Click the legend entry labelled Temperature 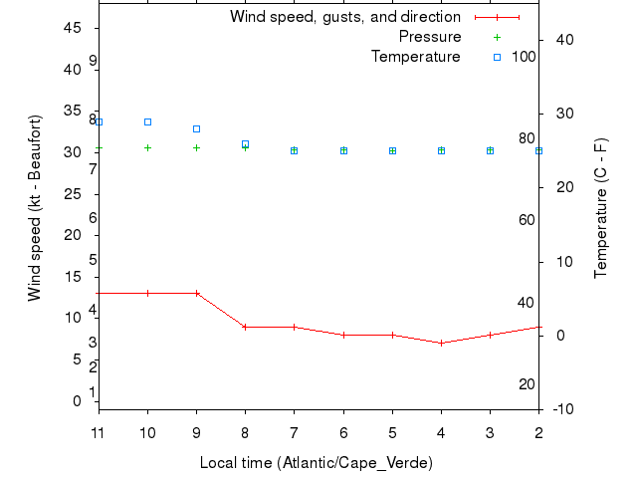[x=415, y=57]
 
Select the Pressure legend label [x=430, y=37]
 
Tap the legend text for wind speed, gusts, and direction [x=344, y=17]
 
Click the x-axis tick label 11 [x=98, y=432]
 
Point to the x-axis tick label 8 [x=245, y=432]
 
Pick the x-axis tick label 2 [x=538, y=432]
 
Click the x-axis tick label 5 [x=392, y=432]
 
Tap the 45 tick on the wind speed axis [x=73, y=28]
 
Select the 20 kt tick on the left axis [x=73, y=235]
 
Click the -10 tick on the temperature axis [x=561, y=409]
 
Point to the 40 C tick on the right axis [x=561, y=39]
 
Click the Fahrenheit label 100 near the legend [x=524, y=57]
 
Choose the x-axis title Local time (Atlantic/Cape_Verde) [x=317, y=463]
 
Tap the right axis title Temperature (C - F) [x=601, y=208]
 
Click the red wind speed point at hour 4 [x=441, y=343]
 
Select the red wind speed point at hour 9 [x=196, y=293]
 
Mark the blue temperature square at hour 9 [x=196, y=128]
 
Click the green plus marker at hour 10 [x=147, y=147]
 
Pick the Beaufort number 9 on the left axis [x=92, y=61]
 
